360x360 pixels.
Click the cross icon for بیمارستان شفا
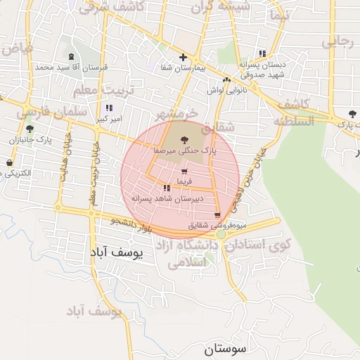pyautogui.click(x=183, y=57)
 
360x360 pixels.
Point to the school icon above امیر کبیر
pyautogui.click(x=108, y=108)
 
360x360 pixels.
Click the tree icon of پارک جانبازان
pyautogui.click(x=30, y=129)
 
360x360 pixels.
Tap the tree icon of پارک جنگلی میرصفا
pyautogui.click(x=184, y=140)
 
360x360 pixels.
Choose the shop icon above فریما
pyautogui.click(x=184, y=172)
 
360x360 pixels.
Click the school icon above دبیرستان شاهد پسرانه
pyautogui.click(x=167, y=188)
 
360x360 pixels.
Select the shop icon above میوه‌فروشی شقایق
pyautogui.click(x=217, y=214)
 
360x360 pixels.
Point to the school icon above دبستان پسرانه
pyautogui.click(x=262, y=53)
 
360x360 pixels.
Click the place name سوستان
pyautogui.click(x=228, y=348)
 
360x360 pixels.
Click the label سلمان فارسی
pyautogui.click(x=53, y=112)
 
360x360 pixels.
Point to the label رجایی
pyautogui.click(x=337, y=41)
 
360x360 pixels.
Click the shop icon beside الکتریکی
pyautogui.click(x=9, y=163)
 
